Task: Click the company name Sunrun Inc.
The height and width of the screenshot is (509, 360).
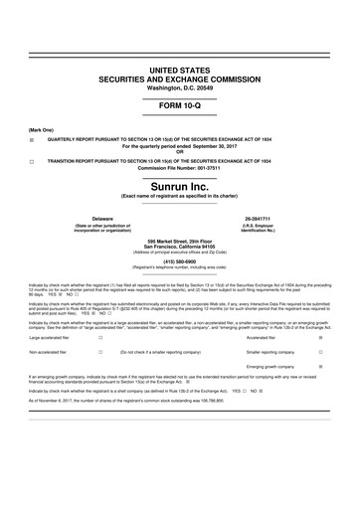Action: click(180, 186)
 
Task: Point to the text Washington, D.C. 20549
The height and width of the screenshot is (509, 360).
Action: click(180, 86)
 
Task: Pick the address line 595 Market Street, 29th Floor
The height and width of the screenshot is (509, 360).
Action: click(180, 241)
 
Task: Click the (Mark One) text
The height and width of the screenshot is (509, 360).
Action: click(40, 130)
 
